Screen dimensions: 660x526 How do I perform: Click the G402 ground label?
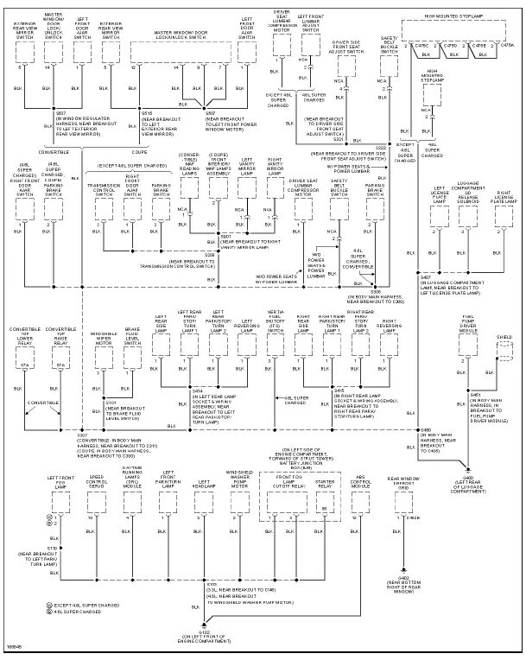[x=403, y=583]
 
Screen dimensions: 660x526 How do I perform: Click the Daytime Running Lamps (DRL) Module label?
[x=132, y=478]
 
